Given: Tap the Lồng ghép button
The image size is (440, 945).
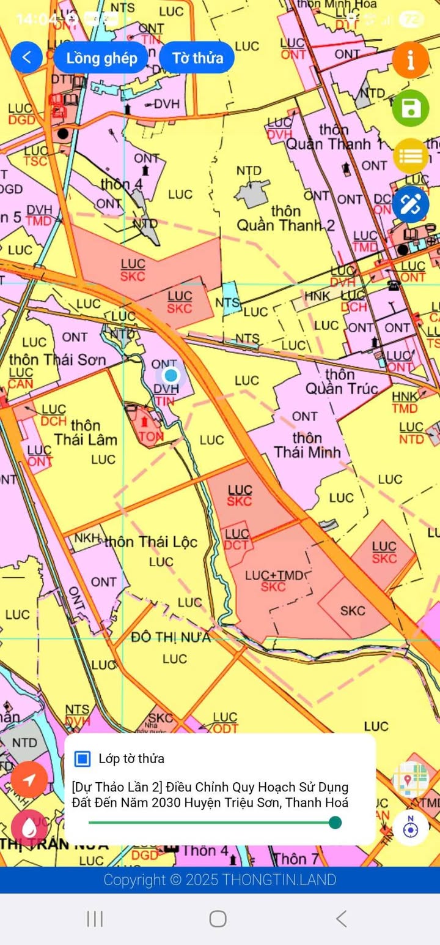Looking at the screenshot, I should click(101, 58).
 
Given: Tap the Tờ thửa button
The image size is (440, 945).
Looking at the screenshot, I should click(197, 58).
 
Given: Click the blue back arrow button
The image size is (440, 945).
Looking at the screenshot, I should click(26, 58).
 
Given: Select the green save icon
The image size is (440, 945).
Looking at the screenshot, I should click(410, 108).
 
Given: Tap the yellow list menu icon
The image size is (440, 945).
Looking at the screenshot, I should click(410, 155).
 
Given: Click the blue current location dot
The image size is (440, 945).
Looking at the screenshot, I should click(171, 375).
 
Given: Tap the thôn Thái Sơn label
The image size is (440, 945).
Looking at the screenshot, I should click(57, 359).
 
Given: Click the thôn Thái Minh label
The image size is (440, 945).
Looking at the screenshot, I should click(307, 445).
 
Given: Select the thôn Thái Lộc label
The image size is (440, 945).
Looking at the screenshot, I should click(151, 542).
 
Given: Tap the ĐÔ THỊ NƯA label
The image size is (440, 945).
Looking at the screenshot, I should click(171, 637).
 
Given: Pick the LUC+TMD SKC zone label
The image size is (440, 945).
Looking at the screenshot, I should click(274, 581).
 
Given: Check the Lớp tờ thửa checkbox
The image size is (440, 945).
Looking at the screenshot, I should click(82, 758).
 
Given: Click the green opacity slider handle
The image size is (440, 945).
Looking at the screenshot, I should click(335, 822).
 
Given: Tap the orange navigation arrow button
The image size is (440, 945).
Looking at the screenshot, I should click(29, 779).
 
